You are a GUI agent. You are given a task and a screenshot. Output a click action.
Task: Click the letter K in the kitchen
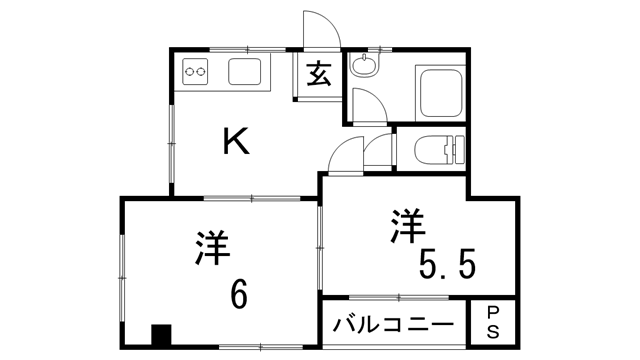pyautogui.click(x=235, y=143)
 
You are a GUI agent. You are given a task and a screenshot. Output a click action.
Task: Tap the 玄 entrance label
pyautogui.click(x=318, y=75)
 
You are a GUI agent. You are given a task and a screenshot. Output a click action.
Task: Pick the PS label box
pyautogui.click(x=493, y=324)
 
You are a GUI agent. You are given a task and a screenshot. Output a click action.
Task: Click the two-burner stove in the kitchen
pyautogui.click(x=196, y=71)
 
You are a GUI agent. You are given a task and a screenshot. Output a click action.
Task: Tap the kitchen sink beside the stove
pyautogui.click(x=245, y=71)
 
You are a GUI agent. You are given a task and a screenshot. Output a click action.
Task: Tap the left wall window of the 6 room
pyautogui.click(x=123, y=272)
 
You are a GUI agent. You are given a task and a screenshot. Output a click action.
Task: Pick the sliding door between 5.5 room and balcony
pyautogui.click(x=395, y=297)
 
